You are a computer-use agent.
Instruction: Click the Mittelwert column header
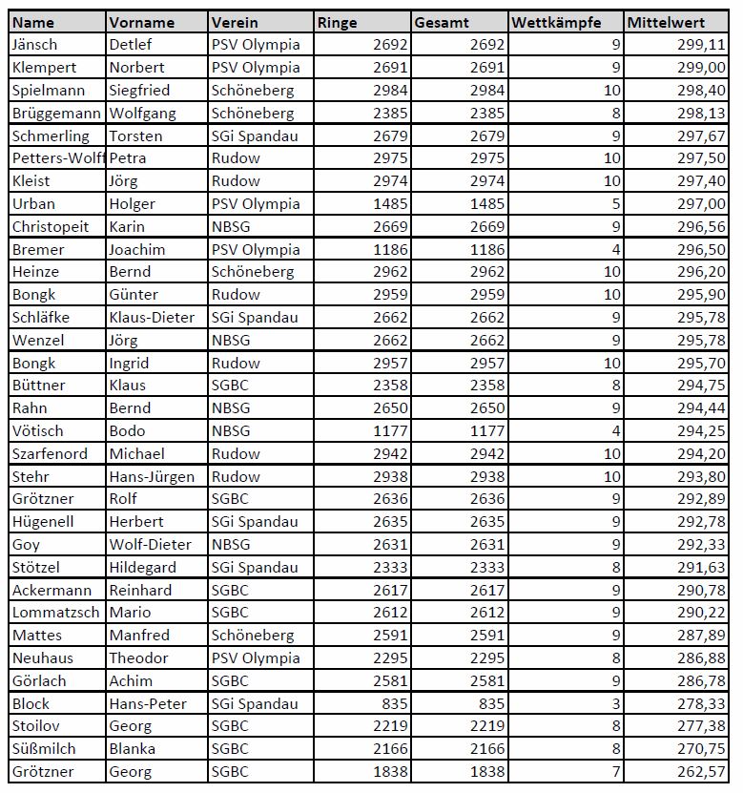[x=667, y=21]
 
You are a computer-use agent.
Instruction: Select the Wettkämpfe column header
[x=556, y=21]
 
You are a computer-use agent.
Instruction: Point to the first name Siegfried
[x=139, y=90]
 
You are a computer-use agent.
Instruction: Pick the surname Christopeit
[x=50, y=226]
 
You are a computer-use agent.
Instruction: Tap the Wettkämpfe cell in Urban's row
[x=615, y=203]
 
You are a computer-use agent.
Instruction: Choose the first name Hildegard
[x=141, y=567]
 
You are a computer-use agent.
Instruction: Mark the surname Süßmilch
[x=44, y=748]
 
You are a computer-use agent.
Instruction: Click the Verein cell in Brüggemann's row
[x=253, y=113]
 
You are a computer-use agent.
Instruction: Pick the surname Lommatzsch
[x=55, y=612]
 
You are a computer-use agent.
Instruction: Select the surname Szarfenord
[x=49, y=453]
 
